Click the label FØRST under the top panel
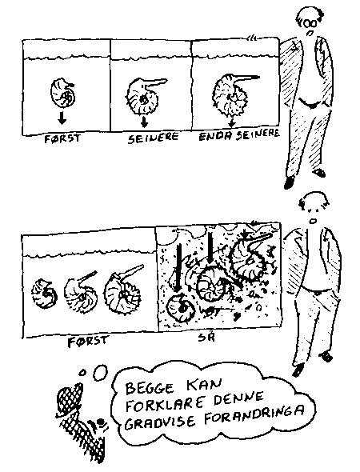(x=62, y=138)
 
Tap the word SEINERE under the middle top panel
(x=154, y=138)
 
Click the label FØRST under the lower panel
(x=86, y=342)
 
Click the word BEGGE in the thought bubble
(x=150, y=388)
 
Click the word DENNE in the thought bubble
(x=239, y=399)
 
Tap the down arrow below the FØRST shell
(x=62, y=118)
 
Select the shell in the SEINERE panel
(x=143, y=96)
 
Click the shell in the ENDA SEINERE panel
(x=231, y=94)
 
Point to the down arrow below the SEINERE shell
(x=145, y=121)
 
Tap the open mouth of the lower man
(x=314, y=222)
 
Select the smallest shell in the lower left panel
(x=44, y=294)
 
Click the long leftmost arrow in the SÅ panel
(x=178, y=268)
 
